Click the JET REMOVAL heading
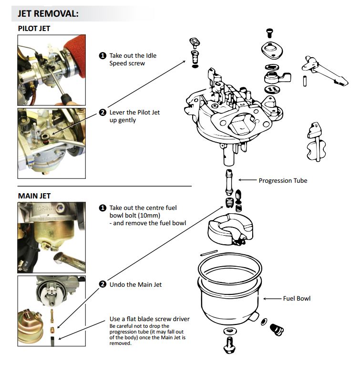pyautogui.click(x=48, y=13)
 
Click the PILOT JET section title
pyautogui.click(x=34, y=29)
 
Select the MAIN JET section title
pyautogui.click(x=34, y=196)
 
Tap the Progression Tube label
pyautogui.click(x=283, y=180)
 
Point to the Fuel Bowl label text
pyautogui.click(x=297, y=299)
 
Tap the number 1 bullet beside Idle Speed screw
pyautogui.click(x=102, y=56)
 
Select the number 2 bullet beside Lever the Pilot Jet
pyautogui.click(x=102, y=113)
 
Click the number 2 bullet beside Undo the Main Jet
pyautogui.click(x=102, y=284)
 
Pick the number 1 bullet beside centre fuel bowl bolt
pyautogui.click(x=102, y=208)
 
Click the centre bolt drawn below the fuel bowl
pyautogui.click(x=230, y=342)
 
